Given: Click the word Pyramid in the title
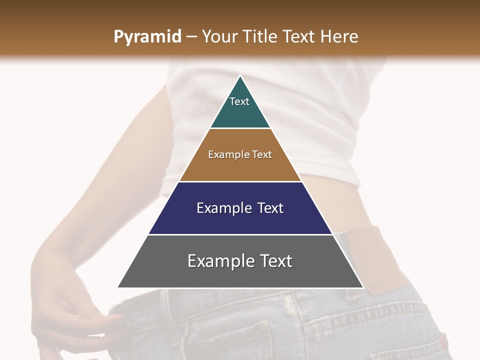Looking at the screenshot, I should (147, 37).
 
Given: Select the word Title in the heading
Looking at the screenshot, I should (260, 36).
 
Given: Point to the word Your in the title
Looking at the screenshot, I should (220, 36).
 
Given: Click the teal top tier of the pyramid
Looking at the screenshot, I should (240, 112).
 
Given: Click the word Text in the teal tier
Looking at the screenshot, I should (239, 101).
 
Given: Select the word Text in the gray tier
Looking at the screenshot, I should (273, 261).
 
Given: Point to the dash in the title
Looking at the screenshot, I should (191, 36).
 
